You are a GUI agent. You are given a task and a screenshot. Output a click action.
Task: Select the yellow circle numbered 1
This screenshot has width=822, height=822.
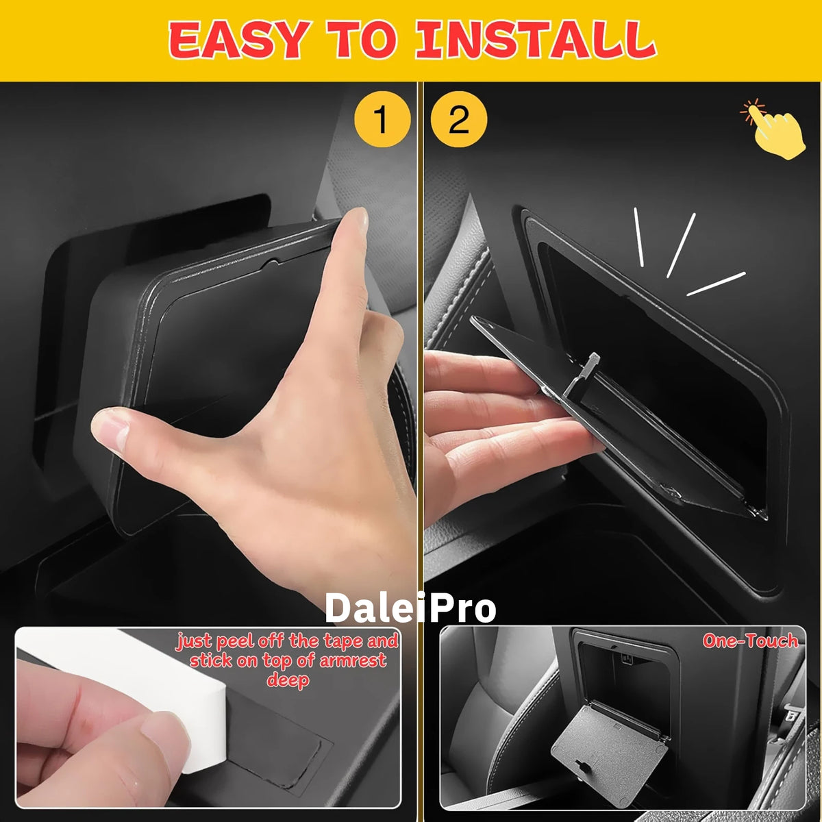pos(382,119)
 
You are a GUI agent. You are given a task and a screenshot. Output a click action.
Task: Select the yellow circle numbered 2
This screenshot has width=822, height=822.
pos(458,119)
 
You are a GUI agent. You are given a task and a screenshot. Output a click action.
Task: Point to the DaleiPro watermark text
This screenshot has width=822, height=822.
pos(410,608)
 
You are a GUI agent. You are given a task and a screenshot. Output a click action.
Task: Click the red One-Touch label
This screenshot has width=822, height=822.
pos(750,640)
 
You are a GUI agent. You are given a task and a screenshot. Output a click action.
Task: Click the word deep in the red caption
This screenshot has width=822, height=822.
pos(288,680)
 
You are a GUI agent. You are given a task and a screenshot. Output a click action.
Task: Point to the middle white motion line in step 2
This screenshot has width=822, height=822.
pos(681,245)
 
